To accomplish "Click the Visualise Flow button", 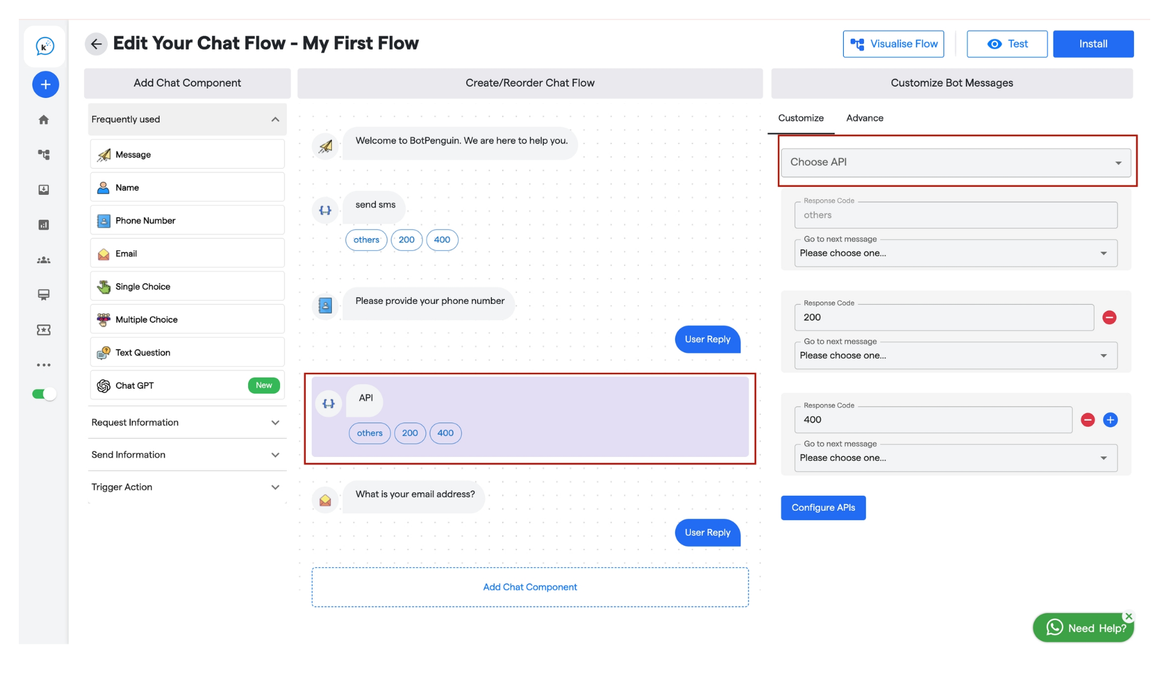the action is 893,44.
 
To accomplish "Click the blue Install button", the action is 1093,44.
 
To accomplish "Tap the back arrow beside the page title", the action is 96,44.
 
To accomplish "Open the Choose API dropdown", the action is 955,162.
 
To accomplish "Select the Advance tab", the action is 865,118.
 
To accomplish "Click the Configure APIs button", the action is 823,508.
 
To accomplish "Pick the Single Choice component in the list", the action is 187,286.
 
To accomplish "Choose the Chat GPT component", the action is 187,386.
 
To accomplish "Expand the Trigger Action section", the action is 187,487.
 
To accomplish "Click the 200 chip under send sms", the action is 407,239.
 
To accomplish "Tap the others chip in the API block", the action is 370,433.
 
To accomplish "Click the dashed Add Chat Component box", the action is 530,587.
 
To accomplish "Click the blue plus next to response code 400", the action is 1110,420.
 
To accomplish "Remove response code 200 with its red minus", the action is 1109,318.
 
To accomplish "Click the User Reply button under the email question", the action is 707,533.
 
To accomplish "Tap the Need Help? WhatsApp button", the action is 1083,628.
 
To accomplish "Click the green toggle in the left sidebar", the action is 44,394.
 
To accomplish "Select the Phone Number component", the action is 187,221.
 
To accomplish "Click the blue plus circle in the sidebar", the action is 46,85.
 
